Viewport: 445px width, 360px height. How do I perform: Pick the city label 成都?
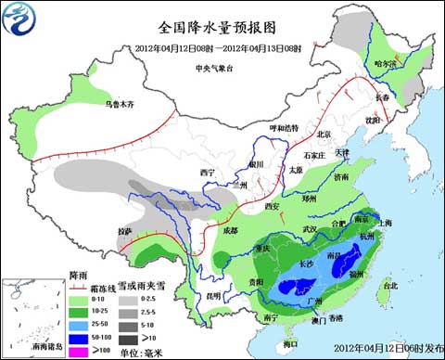(228, 230)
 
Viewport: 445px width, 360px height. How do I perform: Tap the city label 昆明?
(214, 296)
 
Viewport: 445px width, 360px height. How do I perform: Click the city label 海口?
(292, 342)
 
